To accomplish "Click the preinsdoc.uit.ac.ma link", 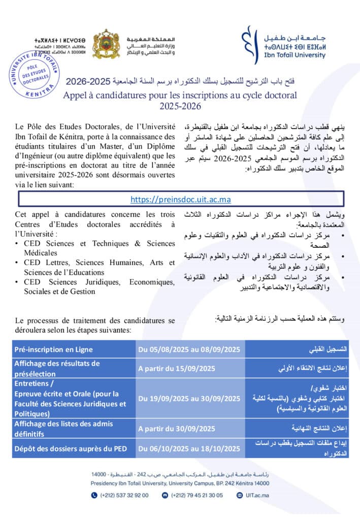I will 180,200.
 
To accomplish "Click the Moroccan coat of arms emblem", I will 106,44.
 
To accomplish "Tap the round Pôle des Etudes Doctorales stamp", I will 34,77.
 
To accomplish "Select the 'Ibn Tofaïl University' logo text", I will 294,56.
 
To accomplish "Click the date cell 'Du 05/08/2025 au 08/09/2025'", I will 189,349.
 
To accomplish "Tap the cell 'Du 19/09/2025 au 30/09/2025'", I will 189,399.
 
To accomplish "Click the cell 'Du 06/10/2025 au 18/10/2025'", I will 189,448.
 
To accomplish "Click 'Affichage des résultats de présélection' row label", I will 57,368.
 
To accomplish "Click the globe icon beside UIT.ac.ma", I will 240,495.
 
